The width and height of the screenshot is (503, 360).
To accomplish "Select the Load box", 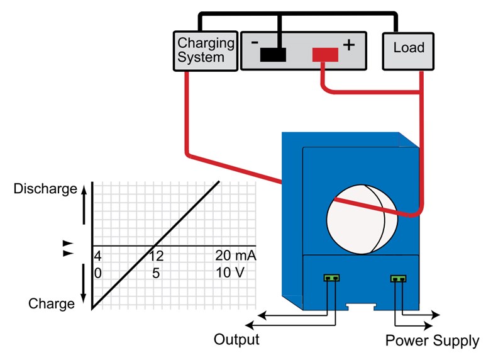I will pos(409,48).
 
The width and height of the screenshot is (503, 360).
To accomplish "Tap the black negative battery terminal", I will pos(272,55).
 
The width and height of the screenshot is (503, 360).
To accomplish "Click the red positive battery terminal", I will pos(325,55).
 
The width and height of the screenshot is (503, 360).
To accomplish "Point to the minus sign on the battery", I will pos(255,43).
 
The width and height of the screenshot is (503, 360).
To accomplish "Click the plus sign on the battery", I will pos(349,45).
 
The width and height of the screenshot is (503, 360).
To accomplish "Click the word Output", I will pos(236,340).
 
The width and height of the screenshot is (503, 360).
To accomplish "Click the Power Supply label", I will pos(432,341).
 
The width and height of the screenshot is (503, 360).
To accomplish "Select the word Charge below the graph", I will pos(52,304).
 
